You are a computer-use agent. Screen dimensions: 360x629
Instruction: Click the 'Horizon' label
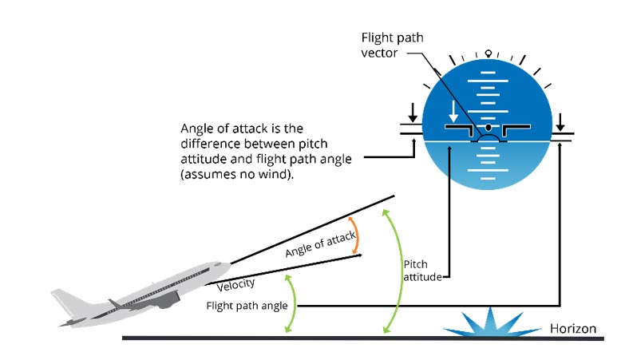click(572, 328)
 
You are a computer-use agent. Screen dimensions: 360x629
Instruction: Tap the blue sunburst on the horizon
click(485, 322)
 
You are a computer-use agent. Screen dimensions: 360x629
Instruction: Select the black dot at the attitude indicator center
click(488, 128)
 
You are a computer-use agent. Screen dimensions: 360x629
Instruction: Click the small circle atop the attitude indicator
click(489, 53)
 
